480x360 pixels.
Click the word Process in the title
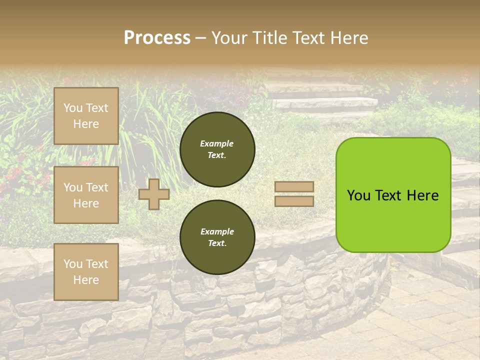pos(157,38)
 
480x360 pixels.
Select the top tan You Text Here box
pos(86,116)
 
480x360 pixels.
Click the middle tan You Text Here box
pos(86,195)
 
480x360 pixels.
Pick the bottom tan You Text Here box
pos(86,272)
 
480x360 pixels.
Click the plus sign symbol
pos(154,194)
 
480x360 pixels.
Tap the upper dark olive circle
pos(217,149)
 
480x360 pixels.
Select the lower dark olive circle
pos(217,237)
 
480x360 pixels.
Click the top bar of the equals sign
pos(294,187)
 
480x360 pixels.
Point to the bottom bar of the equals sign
pos(294,201)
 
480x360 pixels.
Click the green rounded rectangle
pos(393,220)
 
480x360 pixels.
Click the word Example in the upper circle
pos(217,143)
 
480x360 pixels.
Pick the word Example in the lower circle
pos(217,231)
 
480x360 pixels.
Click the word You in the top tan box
pos(73,108)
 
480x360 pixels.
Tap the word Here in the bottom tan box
pos(86,280)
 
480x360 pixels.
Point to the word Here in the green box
pos(422,195)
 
